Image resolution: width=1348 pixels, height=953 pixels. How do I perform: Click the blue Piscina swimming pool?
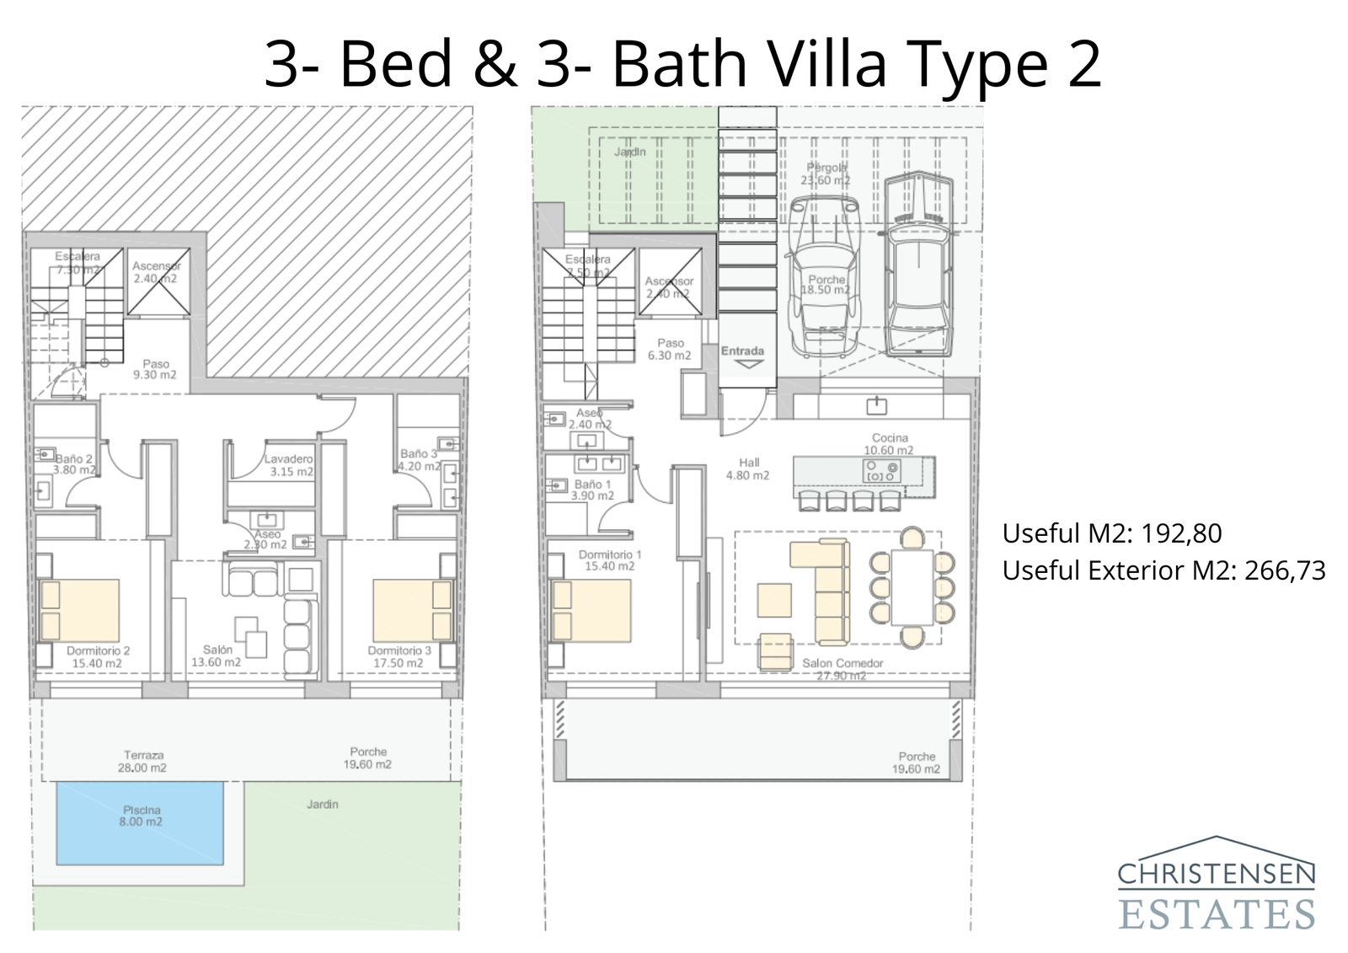(140, 823)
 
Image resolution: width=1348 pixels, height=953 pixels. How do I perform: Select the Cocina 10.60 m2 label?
(889, 444)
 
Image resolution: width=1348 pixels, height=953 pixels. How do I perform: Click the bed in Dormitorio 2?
(79, 610)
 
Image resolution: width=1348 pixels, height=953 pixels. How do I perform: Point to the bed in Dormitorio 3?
(412, 610)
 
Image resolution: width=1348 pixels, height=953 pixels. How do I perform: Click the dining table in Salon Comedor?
(912, 587)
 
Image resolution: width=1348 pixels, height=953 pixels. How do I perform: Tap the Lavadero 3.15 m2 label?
(289, 465)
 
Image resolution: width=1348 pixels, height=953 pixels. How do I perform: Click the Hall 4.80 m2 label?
(748, 468)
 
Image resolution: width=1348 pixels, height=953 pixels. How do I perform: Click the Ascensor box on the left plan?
(158, 281)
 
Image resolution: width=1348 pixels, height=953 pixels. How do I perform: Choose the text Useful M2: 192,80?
(1111, 533)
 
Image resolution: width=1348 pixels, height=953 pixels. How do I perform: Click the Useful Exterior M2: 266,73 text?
(1163, 570)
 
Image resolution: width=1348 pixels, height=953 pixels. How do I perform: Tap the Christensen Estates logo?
(1216, 884)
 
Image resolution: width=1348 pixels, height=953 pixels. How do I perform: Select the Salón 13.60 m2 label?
(216, 656)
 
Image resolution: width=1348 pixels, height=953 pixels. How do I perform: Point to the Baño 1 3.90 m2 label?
(593, 490)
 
